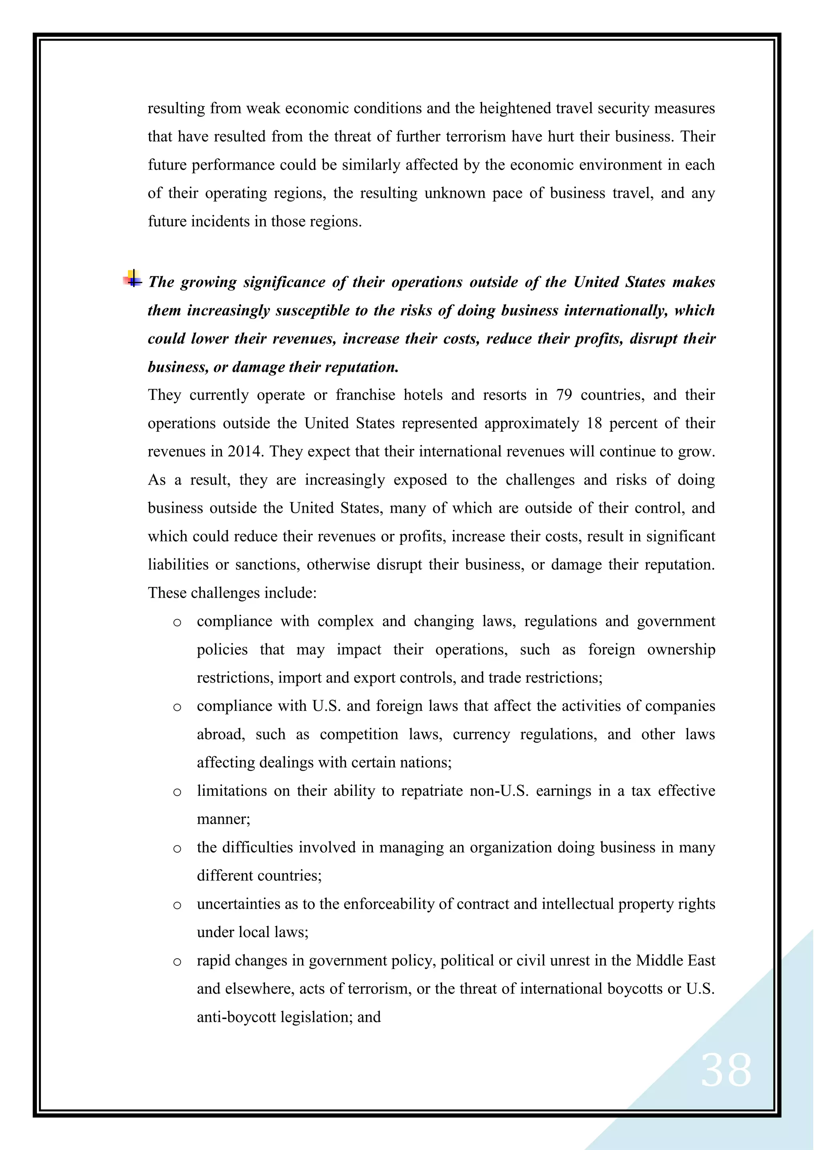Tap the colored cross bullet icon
coord(133,279)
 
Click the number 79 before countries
coord(564,395)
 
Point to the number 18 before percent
coord(594,424)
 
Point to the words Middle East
coord(675,961)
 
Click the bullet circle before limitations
coord(177,792)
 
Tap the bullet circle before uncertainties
coord(177,905)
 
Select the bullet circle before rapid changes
coord(177,962)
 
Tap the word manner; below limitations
coord(223,820)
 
